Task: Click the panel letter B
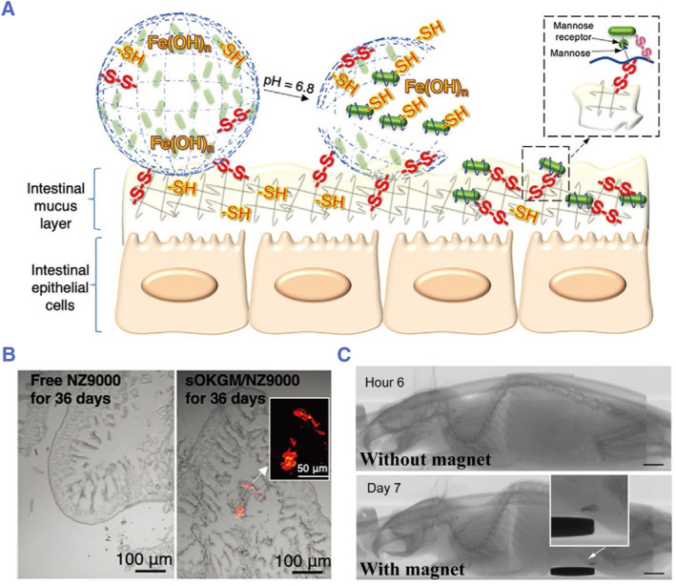[x=10, y=355]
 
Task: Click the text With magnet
[x=416, y=571]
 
